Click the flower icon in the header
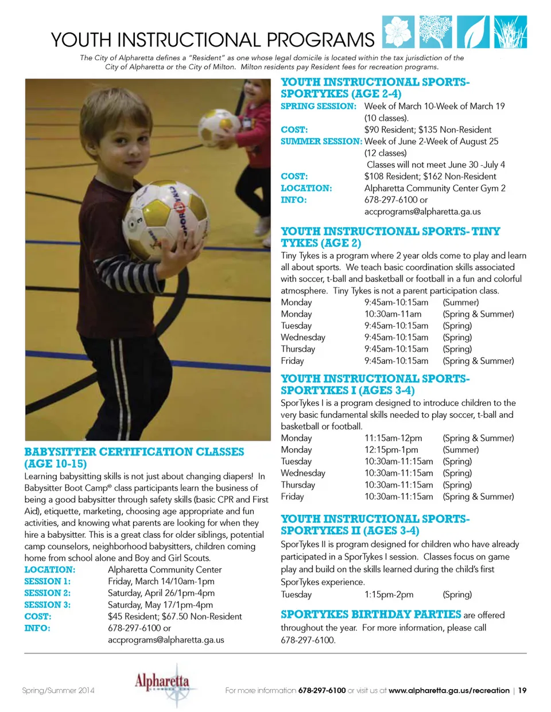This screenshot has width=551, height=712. [398, 32]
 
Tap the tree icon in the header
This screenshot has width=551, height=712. [436, 32]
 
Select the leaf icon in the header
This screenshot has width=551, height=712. [473, 32]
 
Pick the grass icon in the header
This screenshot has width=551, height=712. [510, 32]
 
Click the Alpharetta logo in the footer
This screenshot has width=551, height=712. [162, 684]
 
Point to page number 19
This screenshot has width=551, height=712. [522, 690]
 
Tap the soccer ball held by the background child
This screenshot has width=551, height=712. [219, 123]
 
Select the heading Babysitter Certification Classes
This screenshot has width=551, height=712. [134, 457]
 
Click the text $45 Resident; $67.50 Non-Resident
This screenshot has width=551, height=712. [174, 616]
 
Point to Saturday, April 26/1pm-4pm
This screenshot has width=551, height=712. [161, 593]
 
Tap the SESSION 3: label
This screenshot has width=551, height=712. [47, 605]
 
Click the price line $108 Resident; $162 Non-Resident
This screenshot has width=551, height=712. [430, 176]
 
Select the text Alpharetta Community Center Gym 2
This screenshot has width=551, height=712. [434, 188]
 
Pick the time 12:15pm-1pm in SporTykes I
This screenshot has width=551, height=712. [391, 449]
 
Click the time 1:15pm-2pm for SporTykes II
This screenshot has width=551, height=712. [389, 594]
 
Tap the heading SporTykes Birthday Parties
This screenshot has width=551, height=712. [371, 615]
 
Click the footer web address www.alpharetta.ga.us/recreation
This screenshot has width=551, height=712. [449, 690]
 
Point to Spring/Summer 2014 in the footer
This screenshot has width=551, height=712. [58, 690]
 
